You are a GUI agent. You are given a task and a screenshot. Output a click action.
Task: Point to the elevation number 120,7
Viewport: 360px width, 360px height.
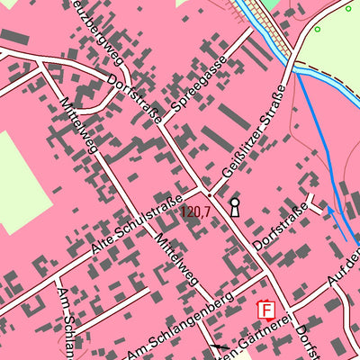click(x=194, y=212)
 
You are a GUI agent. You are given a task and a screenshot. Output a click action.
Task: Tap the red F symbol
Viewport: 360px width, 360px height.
click(x=266, y=310)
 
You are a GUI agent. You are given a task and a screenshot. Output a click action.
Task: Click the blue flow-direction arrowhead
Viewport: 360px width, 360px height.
click(x=328, y=209)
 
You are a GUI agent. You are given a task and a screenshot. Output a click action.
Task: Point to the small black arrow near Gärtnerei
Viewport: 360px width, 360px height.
click(x=220, y=346)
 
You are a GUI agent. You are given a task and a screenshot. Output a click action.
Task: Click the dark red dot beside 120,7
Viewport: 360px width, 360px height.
click(x=210, y=193)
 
